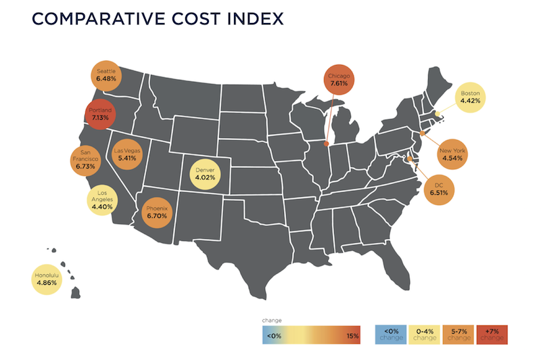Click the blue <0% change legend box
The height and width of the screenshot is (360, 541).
[x=391, y=334]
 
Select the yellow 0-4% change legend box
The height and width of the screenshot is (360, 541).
[x=423, y=334]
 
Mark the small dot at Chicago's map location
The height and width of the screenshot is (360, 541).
[x=327, y=143]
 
